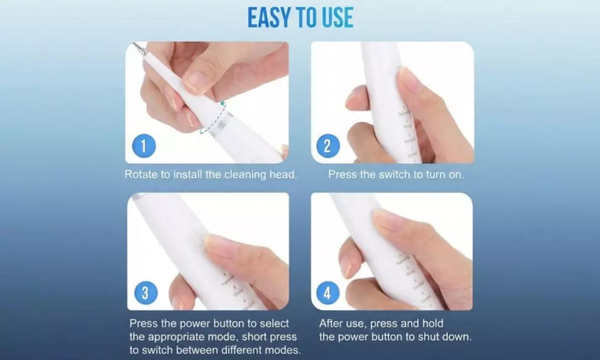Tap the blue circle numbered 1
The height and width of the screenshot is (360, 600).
pos(143,146)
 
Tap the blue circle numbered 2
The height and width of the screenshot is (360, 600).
pos(328,146)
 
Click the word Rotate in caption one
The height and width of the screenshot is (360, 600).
pos(141,175)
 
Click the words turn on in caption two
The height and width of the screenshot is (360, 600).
pos(444,175)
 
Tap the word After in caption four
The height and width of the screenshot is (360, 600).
pos(332,324)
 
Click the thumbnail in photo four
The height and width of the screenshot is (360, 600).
pos(386,219)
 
